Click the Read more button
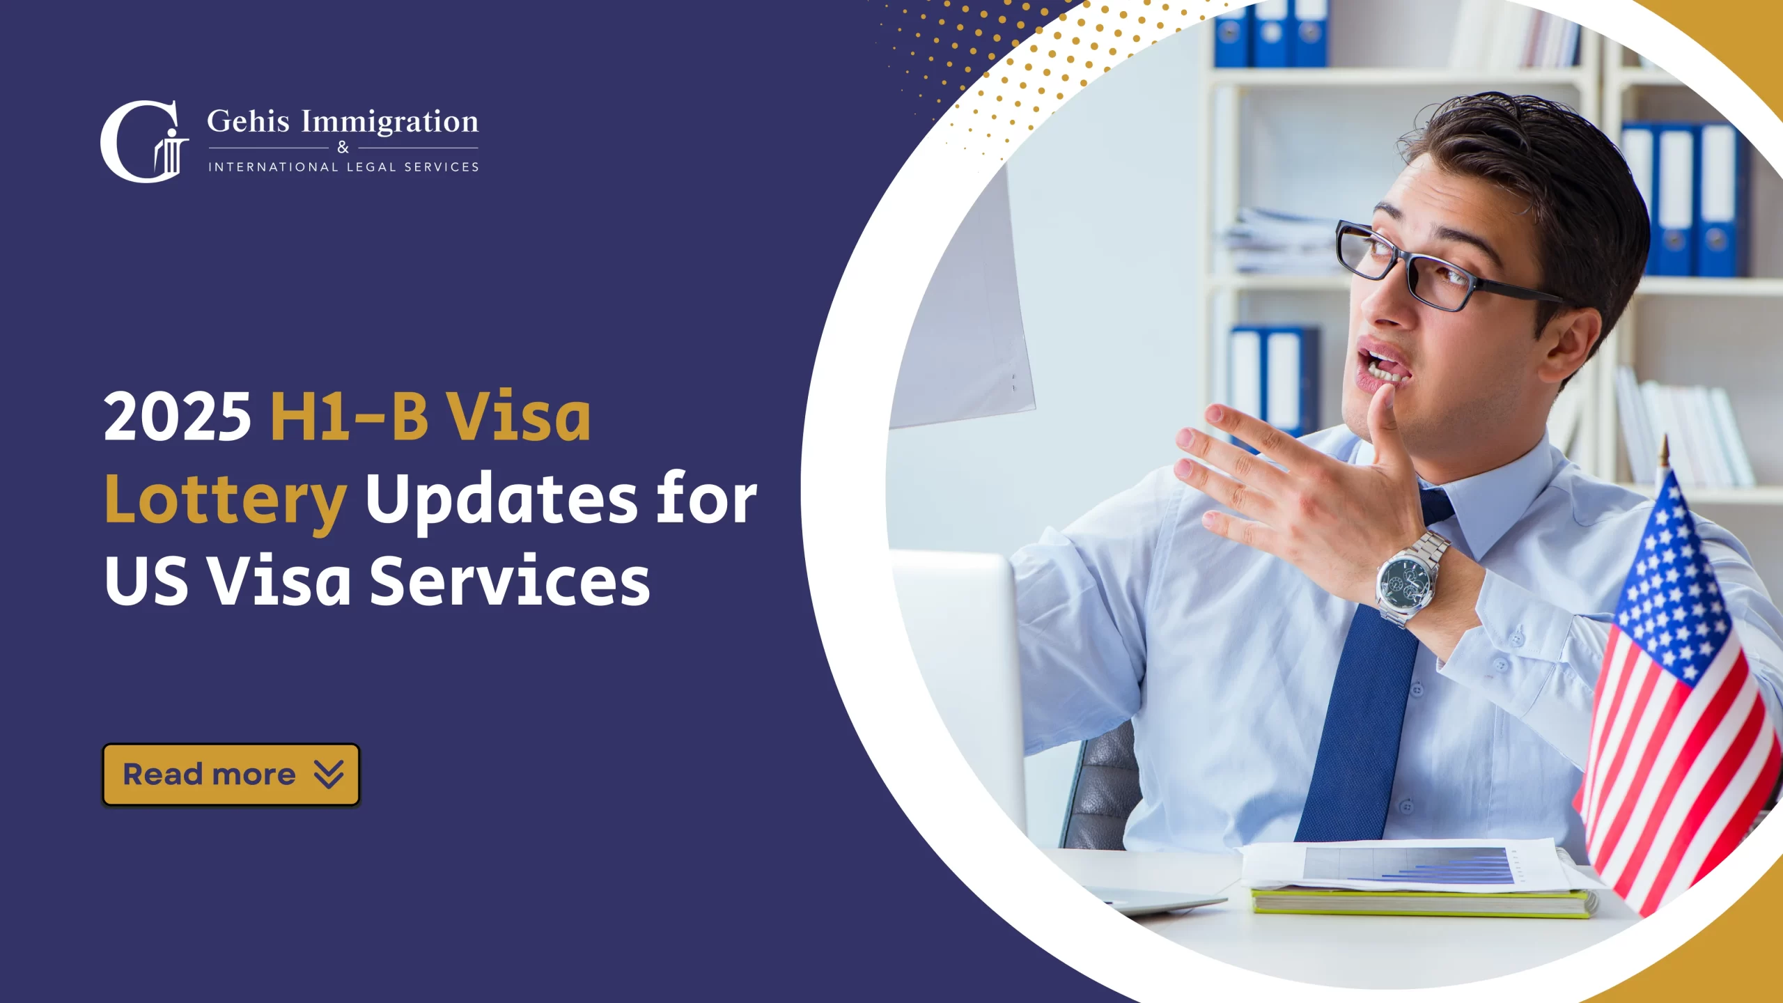click(x=231, y=775)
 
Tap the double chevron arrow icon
click(x=329, y=775)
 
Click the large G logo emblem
click(x=143, y=142)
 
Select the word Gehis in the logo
click(x=248, y=122)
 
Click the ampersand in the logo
click(x=343, y=148)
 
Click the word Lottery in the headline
click(x=225, y=499)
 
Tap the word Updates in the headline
click(x=501, y=499)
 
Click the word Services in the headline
click(x=509, y=581)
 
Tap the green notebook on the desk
click(x=1421, y=903)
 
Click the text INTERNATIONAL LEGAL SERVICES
click(x=343, y=167)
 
